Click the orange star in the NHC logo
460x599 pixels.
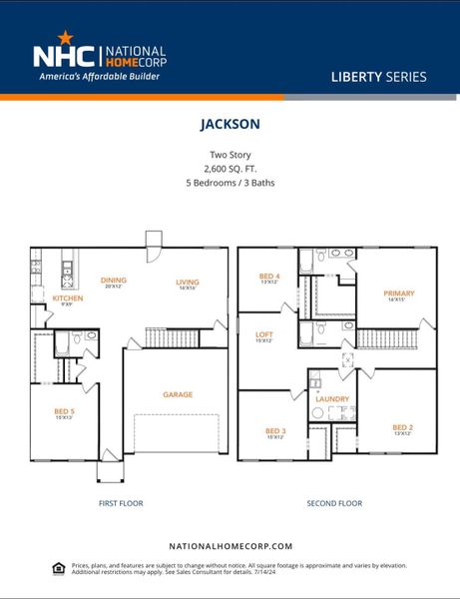pyautogui.click(x=66, y=37)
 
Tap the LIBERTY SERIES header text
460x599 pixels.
pyautogui.click(x=378, y=77)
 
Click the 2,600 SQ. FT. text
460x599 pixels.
pyautogui.click(x=230, y=169)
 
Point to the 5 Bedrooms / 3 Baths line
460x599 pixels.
pyautogui.click(x=230, y=183)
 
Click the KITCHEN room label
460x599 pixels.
pyautogui.click(x=68, y=298)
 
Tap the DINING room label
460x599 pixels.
pyautogui.click(x=113, y=282)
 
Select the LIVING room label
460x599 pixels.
pyautogui.click(x=188, y=282)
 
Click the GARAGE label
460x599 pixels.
pyautogui.click(x=178, y=394)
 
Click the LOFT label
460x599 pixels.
pyautogui.click(x=265, y=335)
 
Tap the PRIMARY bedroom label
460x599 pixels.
pyautogui.click(x=398, y=294)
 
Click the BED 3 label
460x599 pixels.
pyautogui.click(x=275, y=430)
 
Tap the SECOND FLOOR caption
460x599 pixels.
pyautogui.click(x=334, y=503)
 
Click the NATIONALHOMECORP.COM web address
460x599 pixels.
pyautogui.click(x=230, y=546)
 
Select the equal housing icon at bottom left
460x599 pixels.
pyautogui.click(x=58, y=567)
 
